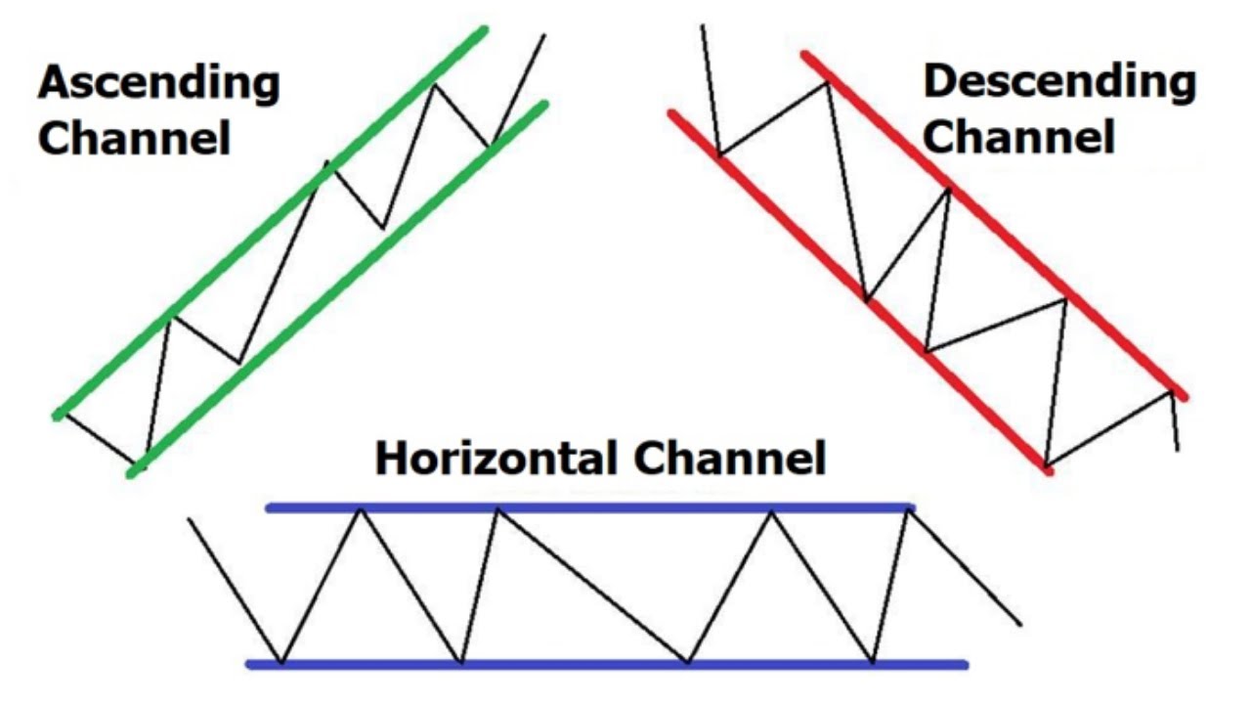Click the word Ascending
point(158,83)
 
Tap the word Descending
point(1059,83)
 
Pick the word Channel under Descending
point(1019,137)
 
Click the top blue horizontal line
point(625,507)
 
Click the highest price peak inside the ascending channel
point(434,85)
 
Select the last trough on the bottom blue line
point(873,662)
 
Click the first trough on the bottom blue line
point(282,662)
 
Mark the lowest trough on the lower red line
point(1045,464)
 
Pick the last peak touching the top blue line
point(907,508)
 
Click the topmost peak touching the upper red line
point(828,81)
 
